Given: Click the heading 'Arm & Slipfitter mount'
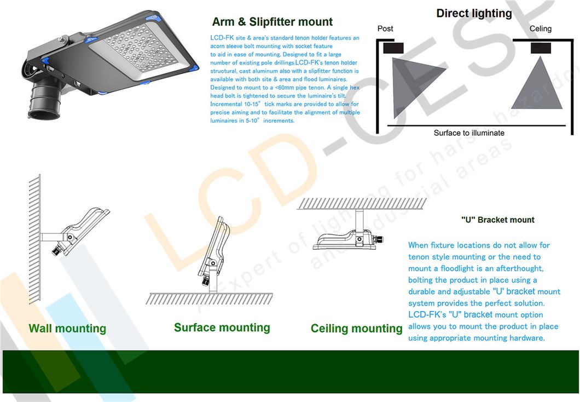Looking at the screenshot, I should tap(272, 22).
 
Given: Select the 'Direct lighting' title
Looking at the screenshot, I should tap(474, 13).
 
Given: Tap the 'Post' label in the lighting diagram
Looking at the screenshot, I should tap(385, 28).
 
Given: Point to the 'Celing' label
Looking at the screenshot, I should tap(541, 28).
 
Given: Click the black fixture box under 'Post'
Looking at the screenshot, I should tap(393, 48).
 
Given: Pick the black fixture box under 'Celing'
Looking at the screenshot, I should tap(541, 48).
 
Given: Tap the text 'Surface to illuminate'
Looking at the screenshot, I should tap(469, 133).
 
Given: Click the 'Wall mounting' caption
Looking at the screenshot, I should tap(67, 329).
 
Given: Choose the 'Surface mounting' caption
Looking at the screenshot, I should tap(222, 328).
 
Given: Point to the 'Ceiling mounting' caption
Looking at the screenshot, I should tap(356, 329).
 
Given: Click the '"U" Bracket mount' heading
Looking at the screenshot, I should tap(497, 220).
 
